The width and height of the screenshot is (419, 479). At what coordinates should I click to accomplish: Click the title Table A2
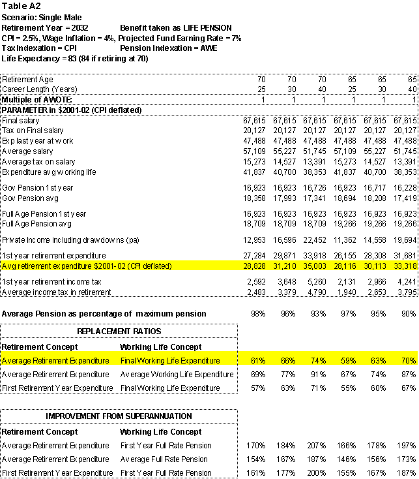coord(19,6)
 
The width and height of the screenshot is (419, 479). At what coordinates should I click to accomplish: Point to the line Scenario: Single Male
coord(42,17)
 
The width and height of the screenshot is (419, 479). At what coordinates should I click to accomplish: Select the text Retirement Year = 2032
coord(45,27)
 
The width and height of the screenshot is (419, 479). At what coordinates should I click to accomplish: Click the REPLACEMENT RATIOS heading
coord(119,332)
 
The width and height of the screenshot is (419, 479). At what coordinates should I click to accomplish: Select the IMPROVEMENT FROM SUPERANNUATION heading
coord(119,416)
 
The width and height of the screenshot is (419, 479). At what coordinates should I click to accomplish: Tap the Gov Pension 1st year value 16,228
coord(405,187)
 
